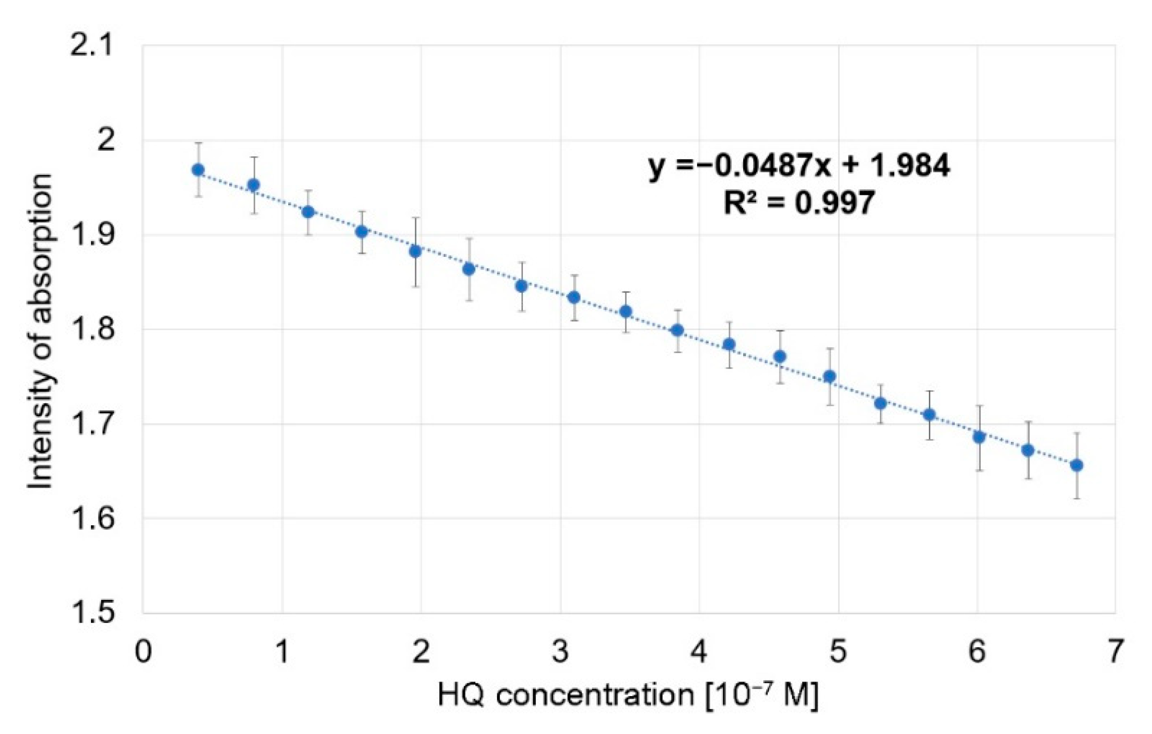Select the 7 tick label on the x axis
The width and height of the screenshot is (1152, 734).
[1115, 651]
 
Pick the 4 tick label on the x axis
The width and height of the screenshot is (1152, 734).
[699, 651]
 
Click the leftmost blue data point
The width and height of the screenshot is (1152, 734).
[198, 170]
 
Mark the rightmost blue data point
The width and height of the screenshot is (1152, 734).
[1076, 466]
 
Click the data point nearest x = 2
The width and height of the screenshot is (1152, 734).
[415, 252]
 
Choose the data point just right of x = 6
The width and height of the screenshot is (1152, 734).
[979, 437]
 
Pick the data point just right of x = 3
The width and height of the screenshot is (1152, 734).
[574, 297]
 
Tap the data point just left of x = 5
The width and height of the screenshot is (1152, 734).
[830, 376]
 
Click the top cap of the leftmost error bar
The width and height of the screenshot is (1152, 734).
[198, 143]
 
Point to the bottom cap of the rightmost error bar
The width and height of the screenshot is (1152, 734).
[1076, 498]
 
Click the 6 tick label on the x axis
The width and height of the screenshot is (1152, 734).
[976, 651]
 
